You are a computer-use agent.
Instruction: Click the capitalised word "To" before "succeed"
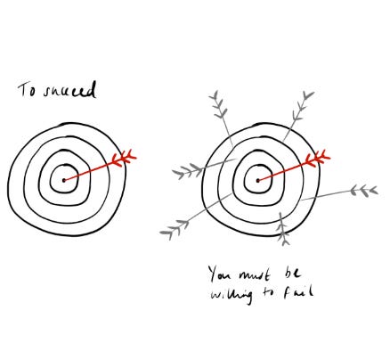(x=26, y=90)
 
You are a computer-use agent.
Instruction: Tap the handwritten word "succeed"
(x=70, y=90)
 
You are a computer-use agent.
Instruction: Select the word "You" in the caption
(x=220, y=274)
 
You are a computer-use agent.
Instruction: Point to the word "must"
(x=255, y=275)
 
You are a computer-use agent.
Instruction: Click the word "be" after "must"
(x=291, y=273)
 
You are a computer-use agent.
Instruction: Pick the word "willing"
(x=232, y=295)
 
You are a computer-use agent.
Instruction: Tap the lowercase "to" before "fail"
(x=268, y=292)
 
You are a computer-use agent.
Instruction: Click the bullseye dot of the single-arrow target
(x=64, y=180)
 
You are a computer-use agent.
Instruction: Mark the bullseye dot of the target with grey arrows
(x=258, y=180)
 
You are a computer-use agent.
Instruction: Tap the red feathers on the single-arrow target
(x=124, y=158)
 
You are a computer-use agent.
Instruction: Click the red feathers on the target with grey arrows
(x=318, y=158)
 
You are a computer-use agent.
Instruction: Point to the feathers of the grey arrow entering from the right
(x=364, y=191)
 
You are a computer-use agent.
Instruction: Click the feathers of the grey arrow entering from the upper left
(x=219, y=105)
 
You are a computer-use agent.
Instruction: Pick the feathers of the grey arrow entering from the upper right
(x=302, y=106)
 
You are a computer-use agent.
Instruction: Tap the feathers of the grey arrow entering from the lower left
(x=175, y=229)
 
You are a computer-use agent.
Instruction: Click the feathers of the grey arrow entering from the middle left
(x=188, y=171)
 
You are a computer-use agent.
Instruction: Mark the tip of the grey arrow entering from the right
(x=301, y=200)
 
